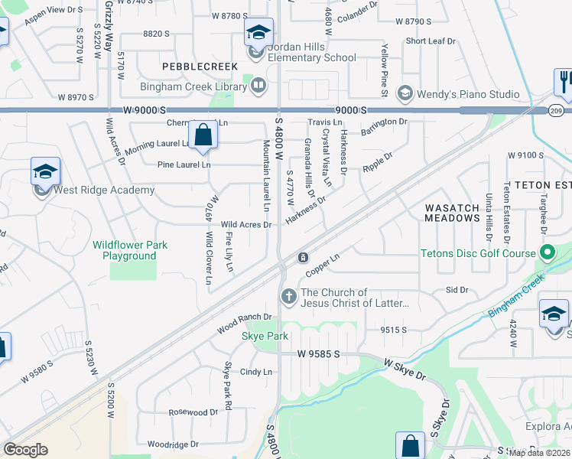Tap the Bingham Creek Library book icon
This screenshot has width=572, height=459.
(x=258, y=86)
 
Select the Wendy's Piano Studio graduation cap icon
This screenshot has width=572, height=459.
(x=405, y=93)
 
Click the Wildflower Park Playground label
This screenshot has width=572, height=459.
(x=130, y=250)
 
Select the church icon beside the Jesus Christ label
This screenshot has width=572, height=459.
(x=288, y=295)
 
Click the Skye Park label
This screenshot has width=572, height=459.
(x=265, y=336)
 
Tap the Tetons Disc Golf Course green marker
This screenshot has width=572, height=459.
(x=548, y=252)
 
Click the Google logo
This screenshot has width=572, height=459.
(x=25, y=450)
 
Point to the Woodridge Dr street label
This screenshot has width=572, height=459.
(x=173, y=444)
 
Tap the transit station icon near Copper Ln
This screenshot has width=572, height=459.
(x=304, y=257)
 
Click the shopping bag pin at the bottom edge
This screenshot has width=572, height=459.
(x=410, y=446)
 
